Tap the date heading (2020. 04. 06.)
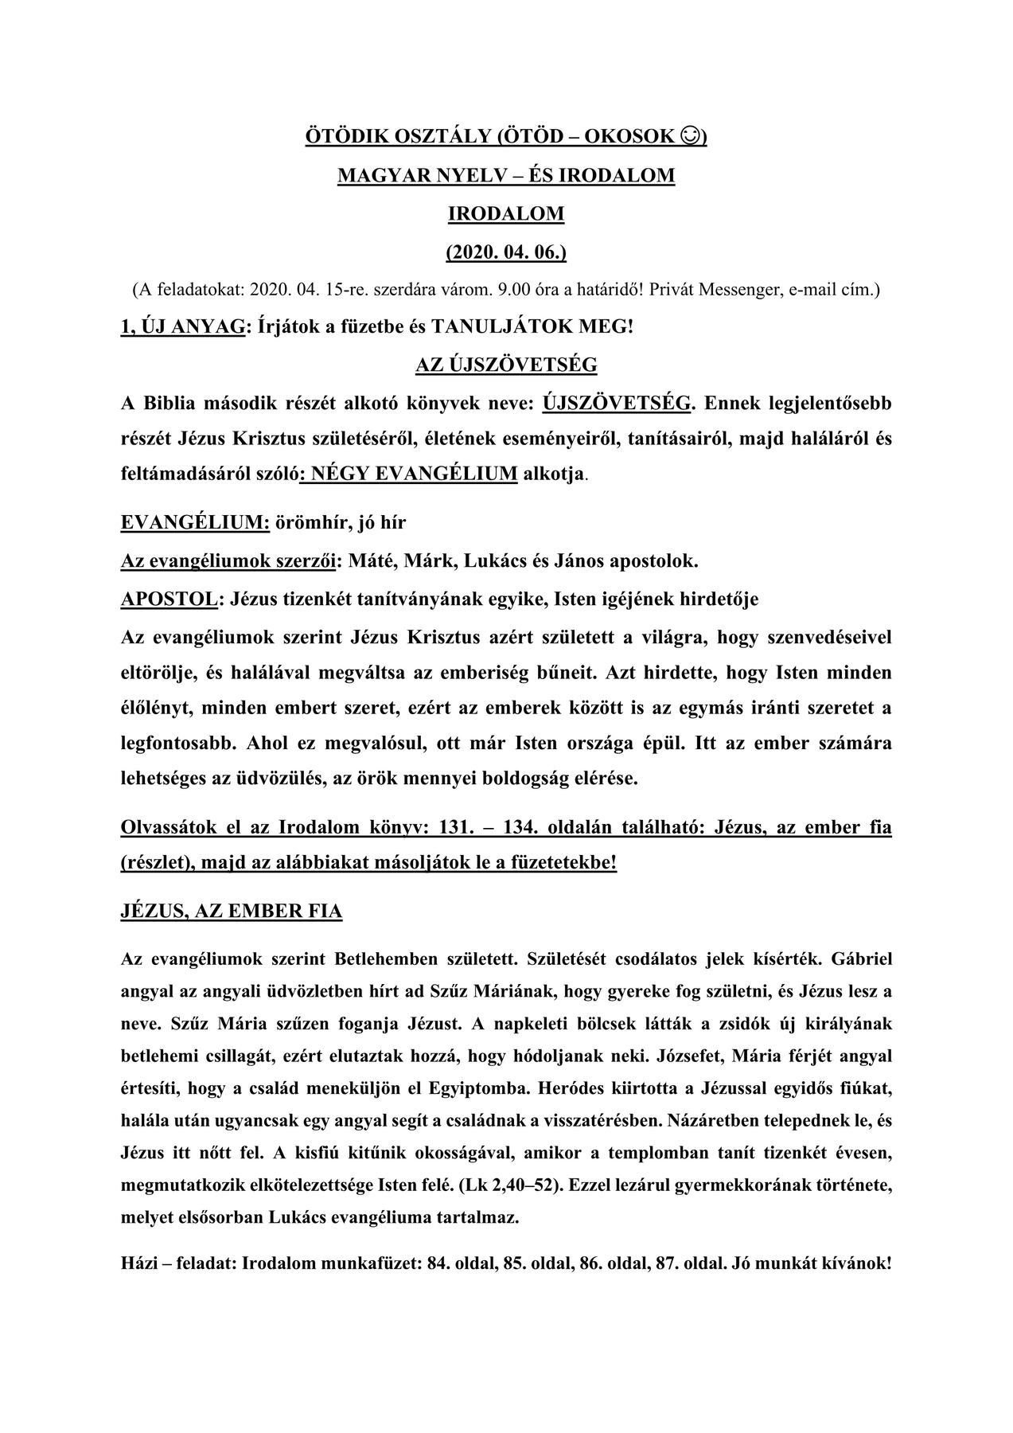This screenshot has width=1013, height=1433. (506, 252)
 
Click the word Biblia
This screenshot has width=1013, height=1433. (170, 403)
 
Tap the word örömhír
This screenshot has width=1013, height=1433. (311, 522)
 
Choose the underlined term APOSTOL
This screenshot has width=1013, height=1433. (169, 599)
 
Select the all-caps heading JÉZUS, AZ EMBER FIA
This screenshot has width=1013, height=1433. (232, 912)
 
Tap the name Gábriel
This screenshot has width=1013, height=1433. (861, 959)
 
